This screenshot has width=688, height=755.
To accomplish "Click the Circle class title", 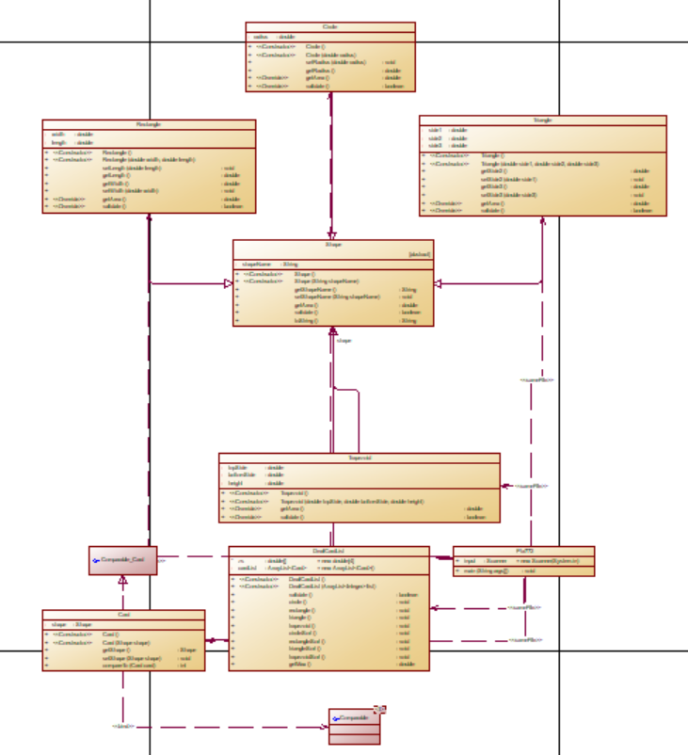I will tap(329, 27).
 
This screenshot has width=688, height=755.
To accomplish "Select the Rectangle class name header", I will tap(149, 124).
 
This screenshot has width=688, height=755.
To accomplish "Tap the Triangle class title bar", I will tap(542, 120).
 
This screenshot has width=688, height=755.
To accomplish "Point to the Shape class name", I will tap(332, 244).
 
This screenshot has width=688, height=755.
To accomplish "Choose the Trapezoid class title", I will tap(359, 458).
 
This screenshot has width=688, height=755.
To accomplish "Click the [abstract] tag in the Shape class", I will tap(419, 253).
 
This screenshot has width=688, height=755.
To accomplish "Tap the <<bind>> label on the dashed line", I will tap(122, 726).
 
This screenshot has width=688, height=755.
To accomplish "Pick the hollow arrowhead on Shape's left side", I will tap(227, 282).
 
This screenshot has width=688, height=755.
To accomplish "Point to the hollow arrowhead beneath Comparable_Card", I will tap(121, 581).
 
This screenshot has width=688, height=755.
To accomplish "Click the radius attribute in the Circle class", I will tap(265, 37).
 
